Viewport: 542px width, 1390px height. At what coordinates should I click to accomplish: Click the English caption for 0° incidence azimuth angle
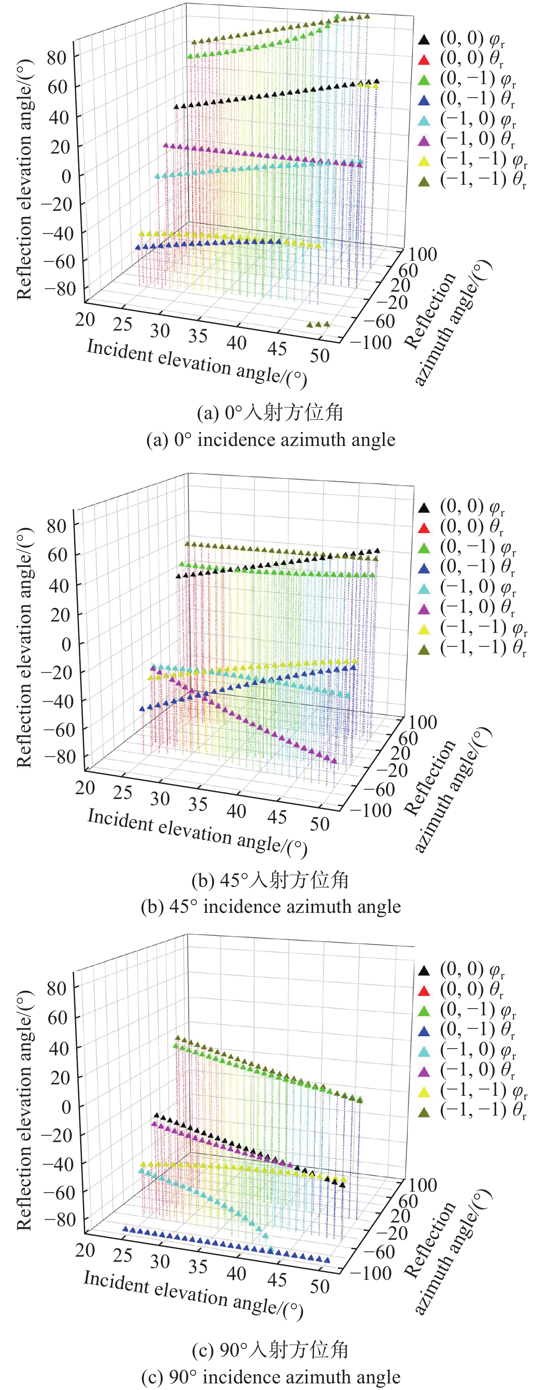click(x=271, y=440)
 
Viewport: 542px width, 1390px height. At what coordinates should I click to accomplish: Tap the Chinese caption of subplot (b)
click(x=271, y=880)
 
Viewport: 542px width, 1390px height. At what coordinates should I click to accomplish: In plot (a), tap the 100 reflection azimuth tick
click(x=422, y=253)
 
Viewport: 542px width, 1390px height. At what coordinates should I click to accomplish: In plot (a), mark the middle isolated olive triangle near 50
click(x=318, y=325)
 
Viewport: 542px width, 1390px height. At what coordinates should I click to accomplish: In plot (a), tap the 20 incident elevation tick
click(x=85, y=320)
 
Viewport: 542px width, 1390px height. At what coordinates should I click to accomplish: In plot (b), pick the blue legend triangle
click(x=424, y=567)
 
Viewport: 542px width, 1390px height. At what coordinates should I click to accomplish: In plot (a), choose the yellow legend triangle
click(x=424, y=160)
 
